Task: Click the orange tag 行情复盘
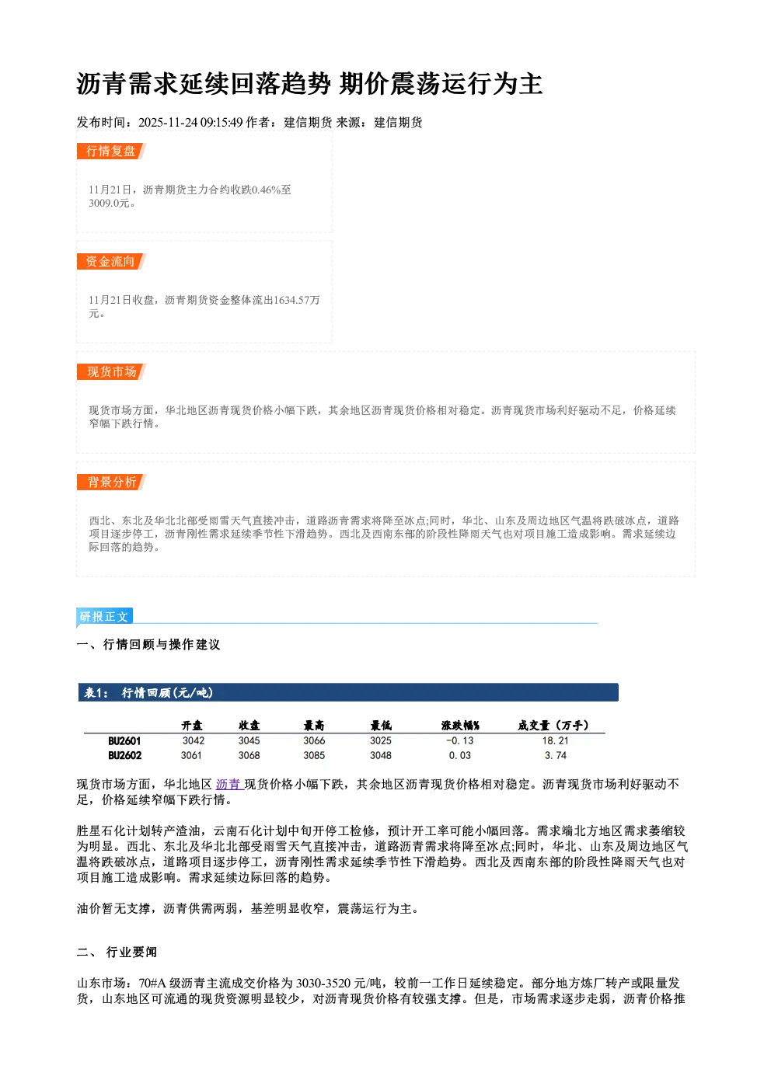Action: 111,151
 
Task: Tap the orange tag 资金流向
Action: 111,261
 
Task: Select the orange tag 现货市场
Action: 111,372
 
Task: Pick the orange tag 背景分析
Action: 111,482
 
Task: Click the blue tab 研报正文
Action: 104,617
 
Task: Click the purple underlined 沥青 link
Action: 229,784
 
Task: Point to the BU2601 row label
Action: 124,741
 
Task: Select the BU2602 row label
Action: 124,756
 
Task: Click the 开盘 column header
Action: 192,726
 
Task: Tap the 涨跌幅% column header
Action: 460,726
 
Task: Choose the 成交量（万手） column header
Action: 553,726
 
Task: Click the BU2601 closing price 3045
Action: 249,740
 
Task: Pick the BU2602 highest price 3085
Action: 314,755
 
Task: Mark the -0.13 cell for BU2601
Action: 459,740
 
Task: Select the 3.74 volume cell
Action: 556,755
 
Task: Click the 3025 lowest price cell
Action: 381,740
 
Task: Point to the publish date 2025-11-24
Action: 167,122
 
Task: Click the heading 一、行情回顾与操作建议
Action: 148,644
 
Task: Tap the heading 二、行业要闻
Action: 117,952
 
